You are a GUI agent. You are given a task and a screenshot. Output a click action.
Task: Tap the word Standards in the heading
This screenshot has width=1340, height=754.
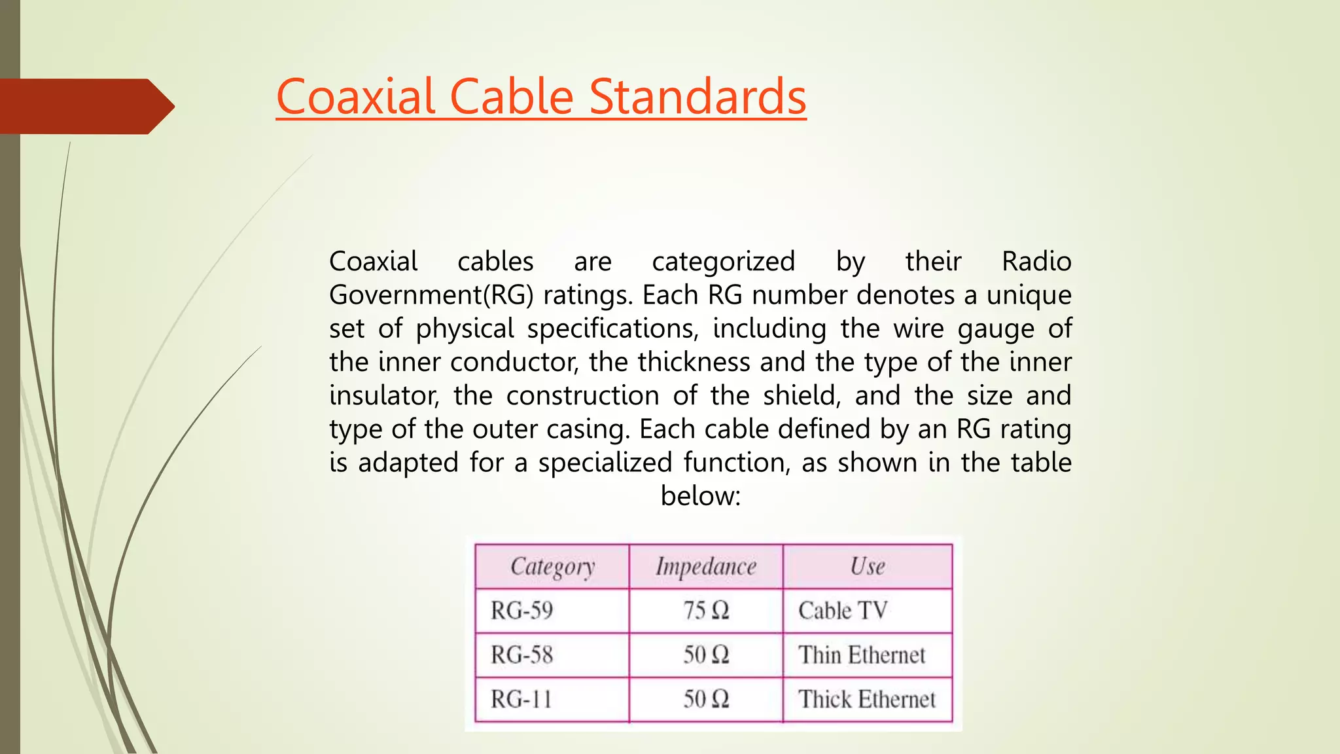pyautogui.click(x=697, y=97)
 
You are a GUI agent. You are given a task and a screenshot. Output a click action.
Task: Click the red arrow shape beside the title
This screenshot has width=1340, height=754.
pyautogui.click(x=85, y=106)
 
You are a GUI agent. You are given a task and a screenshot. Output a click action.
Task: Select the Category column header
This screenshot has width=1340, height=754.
pyautogui.click(x=552, y=566)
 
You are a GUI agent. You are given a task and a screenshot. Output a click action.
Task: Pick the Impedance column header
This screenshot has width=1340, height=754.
pyautogui.click(x=706, y=566)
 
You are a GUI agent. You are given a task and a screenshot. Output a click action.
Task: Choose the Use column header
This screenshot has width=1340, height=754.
pyautogui.click(x=868, y=566)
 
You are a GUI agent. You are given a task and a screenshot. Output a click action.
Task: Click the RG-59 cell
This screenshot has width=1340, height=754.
pyautogui.click(x=522, y=611)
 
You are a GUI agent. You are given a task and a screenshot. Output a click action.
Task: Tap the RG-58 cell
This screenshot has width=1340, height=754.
pyautogui.click(x=522, y=655)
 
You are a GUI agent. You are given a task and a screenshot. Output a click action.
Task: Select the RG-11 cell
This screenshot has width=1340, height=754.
pyautogui.click(x=521, y=699)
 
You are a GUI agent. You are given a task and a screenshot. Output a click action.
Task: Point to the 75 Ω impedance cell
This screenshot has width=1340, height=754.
pyautogui.click(x=706, y=611)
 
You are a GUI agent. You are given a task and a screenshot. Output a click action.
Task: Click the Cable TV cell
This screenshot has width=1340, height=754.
pyautogui.click(x=843, y=611)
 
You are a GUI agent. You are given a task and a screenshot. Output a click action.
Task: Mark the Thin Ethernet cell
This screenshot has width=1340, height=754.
pyautogui.click(x=862, y=655)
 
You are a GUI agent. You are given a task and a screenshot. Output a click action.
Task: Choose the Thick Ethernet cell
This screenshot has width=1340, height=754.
pyautogui.click(x=867, y=699)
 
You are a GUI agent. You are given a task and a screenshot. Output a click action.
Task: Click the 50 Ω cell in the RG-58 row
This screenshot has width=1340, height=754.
pyautogui.click(x=706, y=655)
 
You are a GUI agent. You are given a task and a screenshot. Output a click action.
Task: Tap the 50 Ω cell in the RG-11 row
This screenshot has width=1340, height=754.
pyautogui.click(x=706, y=699)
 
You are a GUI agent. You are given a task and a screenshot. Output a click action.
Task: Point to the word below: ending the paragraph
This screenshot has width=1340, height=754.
pyautogui.click(x=700, y=496)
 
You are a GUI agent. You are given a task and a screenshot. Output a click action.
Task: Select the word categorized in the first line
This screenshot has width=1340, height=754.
pyautogui.click(x=723, y=262)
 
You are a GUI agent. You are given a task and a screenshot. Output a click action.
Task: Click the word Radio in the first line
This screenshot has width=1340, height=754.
pyautogui.click(x=1036, y=262)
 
